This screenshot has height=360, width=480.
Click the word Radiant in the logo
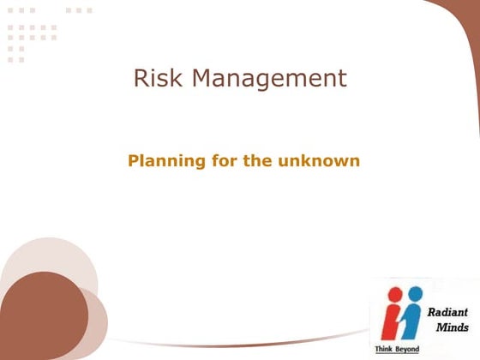447,313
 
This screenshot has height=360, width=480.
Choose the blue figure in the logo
414,317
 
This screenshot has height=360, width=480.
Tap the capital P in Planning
134,159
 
